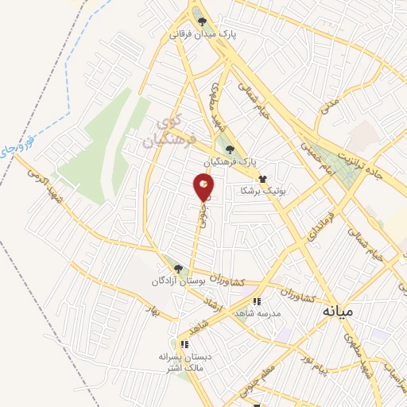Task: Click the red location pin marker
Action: pos(203,187)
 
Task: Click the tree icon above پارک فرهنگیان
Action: pos(231,149)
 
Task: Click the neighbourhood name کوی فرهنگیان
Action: pos(163,133)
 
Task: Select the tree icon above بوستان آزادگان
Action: pos(178,269)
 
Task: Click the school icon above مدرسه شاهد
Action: pos(256,302)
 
